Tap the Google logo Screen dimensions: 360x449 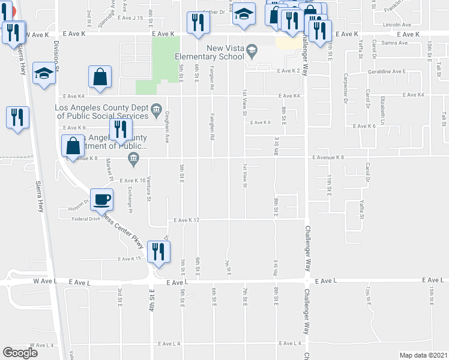coord(20,353)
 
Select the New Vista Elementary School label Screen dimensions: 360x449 coord(209,52)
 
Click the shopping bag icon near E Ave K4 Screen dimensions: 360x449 coord(100,77)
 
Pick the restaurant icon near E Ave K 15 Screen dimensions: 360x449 coord(158,252)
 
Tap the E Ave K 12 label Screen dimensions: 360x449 coord(186,220)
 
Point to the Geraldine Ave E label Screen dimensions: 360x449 coord(387,71)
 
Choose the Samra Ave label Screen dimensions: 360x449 coord(394,43)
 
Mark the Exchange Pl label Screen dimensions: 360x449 coord(130,199)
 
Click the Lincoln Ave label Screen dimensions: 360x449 coord(396,25)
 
